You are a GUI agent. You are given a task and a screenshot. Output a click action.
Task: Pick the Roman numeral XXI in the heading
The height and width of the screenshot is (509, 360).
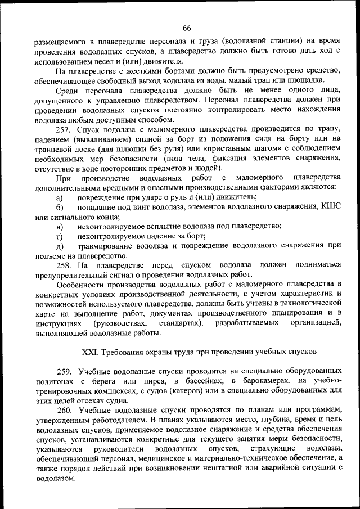pos(90,352)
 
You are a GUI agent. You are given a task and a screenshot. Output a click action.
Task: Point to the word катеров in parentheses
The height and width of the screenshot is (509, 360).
pos(191,391)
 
